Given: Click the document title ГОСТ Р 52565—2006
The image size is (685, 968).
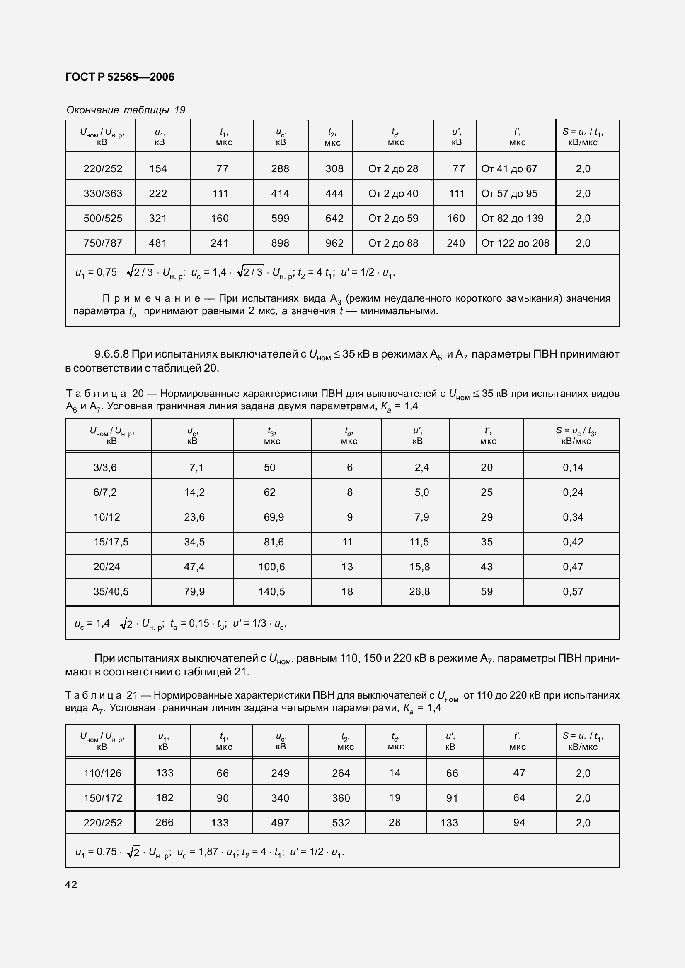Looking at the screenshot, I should coord(120,77).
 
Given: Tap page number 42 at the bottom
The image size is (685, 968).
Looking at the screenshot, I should coord(71,884).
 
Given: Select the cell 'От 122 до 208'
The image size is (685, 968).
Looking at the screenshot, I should coord(515,243).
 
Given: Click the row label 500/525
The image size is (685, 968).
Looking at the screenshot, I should coord(102,219).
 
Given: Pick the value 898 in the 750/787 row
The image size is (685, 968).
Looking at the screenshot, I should coord(280,243).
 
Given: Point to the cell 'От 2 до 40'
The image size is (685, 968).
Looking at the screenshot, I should coord(393,194).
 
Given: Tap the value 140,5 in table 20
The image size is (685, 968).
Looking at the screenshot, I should coord(271,591).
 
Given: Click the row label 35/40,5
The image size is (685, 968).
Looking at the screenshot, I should coord(111,591).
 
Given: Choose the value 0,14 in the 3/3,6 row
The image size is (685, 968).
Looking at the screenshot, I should coord(573,467).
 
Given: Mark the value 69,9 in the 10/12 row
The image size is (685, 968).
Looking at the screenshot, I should coord(274,517).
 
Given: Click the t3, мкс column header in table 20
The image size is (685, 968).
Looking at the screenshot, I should coord(272,435).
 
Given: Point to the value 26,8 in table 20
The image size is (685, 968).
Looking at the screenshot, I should coord(419,591).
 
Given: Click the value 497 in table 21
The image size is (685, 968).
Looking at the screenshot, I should coord(280,823).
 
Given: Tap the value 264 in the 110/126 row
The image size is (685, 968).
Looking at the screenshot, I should coord(341,773).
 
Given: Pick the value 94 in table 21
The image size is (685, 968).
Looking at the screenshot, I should coord(519,823).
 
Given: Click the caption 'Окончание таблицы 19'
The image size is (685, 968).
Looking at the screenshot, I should coord(126,110).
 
